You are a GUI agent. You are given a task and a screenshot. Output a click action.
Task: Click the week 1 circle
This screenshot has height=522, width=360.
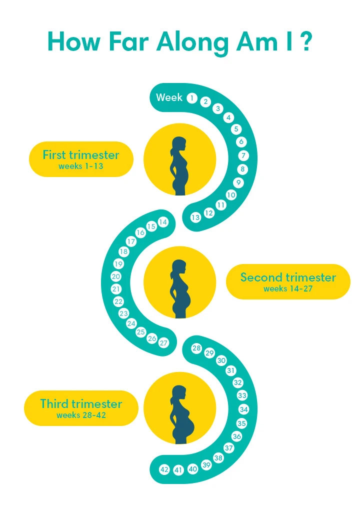[x=191, y=98]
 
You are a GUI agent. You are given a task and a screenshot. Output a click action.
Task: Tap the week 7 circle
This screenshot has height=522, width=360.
[x=243, y=155]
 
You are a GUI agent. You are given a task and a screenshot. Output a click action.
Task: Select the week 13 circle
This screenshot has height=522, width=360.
[x=195, y=217]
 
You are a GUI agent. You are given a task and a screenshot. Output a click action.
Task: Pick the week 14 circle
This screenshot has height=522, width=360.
[x=163, y=222]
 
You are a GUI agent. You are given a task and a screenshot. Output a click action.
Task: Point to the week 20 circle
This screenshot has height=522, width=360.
[x=116, y=276]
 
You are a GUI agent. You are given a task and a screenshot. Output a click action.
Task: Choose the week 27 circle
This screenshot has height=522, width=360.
[x=164, y=343]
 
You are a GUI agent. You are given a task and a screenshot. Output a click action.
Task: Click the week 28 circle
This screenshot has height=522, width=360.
[x=196, y=348]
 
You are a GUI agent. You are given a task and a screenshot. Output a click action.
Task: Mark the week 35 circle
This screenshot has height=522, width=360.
[x=242, y=423]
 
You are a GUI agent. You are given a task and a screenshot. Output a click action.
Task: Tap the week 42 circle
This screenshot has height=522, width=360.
[x=164, y=469]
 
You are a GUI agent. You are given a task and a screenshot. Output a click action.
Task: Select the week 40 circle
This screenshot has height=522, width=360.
[x=193, y=469]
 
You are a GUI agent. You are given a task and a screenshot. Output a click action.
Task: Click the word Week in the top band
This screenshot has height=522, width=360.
[x=169, y=97]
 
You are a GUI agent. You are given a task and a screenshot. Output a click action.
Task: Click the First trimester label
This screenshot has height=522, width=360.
[x=81, y=154]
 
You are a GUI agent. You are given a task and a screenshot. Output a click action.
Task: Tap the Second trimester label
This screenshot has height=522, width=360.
[x=288, y=277]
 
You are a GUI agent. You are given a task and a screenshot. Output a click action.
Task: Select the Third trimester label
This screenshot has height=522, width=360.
[x=81, y=403]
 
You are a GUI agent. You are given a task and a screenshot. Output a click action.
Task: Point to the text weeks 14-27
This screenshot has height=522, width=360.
[x=288, y=289]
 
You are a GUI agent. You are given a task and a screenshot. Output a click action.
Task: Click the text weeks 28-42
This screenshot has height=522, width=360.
[x=81, y=415]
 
